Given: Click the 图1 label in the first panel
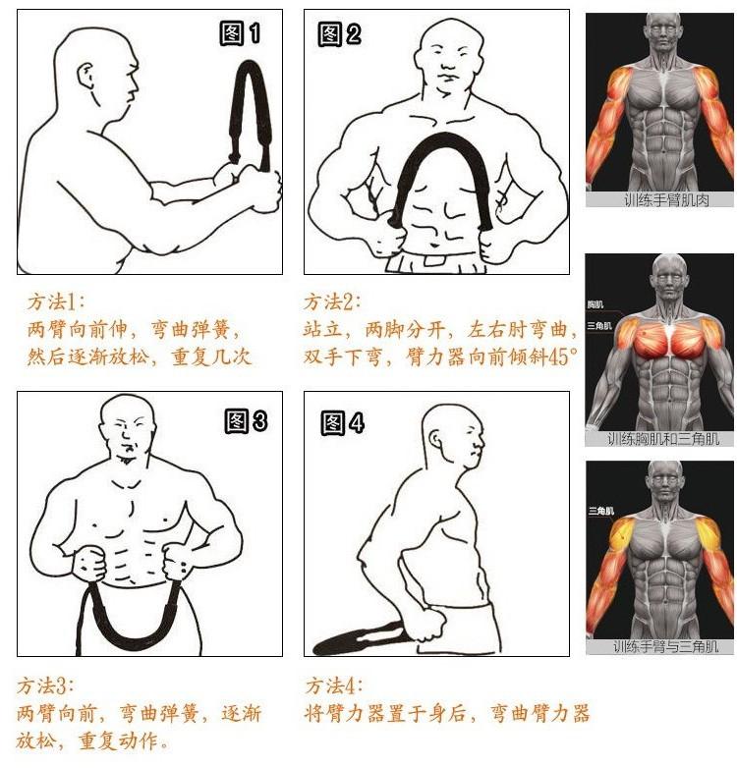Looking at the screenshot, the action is tap(240, 33).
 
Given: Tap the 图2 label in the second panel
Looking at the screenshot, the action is tap(340, 34).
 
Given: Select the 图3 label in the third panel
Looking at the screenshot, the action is tap(246, 420).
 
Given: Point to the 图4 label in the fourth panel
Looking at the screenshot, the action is tap(343, 422).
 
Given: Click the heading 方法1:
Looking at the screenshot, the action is tap(55, 302).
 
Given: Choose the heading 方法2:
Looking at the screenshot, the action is tap(332, 302).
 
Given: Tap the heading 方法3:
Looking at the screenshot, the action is tap(45, 686).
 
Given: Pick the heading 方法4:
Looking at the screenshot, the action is tap(334, 686).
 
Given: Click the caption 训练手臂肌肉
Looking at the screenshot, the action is tap(666, 199).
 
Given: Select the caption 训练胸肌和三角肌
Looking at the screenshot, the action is tap(663, 439).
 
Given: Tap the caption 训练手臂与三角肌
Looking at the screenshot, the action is tap(665, 646).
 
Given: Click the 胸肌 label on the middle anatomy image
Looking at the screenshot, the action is tap(595, 304).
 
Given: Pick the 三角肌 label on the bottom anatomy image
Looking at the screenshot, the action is tap(600, 512).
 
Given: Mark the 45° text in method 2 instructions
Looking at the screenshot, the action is tap(563, 357).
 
